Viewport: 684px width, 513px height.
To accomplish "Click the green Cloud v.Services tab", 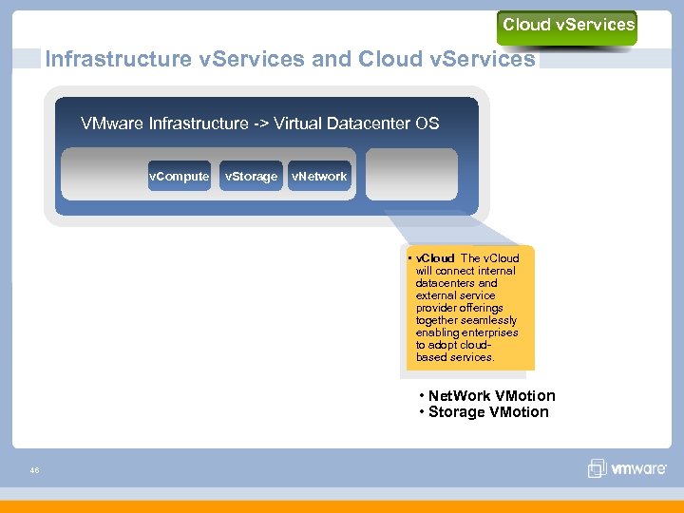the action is tap(567, 26).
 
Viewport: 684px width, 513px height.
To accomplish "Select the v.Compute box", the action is tap(179, 176).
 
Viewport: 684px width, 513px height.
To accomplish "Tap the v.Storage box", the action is tap(251, 176).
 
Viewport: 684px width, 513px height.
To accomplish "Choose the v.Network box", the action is tap(319, 176).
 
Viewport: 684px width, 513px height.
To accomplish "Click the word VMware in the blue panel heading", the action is tap(113, 123).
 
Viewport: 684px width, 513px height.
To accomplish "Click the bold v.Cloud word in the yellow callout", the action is tap(436, 258).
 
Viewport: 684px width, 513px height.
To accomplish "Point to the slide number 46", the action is tap(34, 469).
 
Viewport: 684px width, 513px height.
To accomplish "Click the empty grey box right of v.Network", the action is tap(411, 175).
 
